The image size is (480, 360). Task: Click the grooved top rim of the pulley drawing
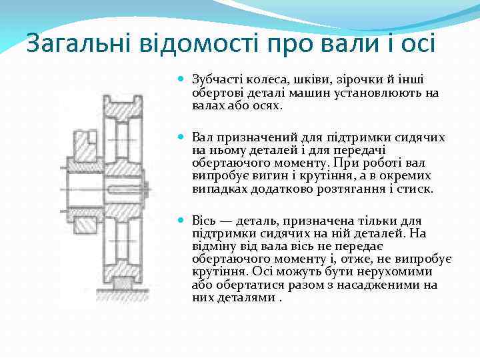pos(124,103)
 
